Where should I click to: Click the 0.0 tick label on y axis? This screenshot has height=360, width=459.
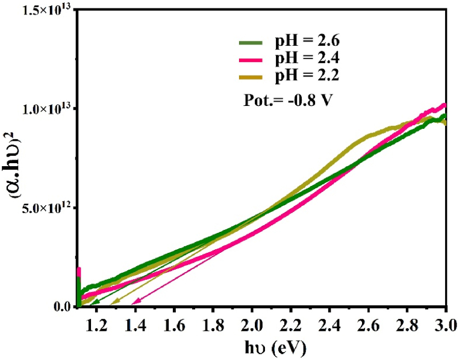point(60,308)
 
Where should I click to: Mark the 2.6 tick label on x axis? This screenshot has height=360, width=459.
point(368,325)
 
